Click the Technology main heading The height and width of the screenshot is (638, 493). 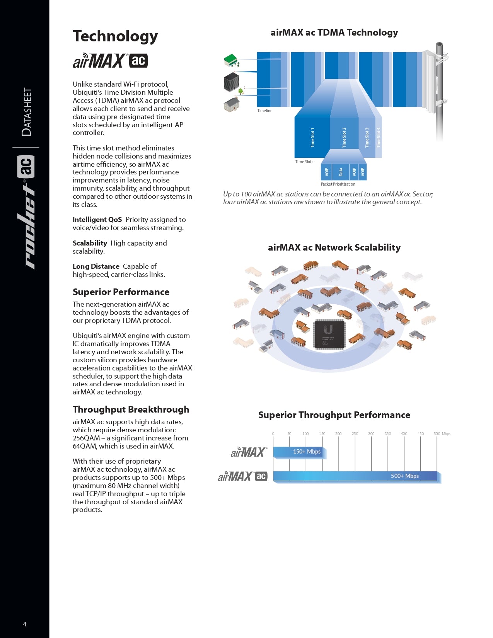[x=115, y=36]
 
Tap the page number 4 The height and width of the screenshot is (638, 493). [x=25, y=624]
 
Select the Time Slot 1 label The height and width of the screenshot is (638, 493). [x=312, y=138]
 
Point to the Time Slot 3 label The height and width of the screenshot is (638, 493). [x=367, y=138]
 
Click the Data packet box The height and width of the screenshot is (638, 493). [x=341, y=172]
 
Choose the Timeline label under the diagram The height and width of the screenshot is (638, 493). [x=265, y=111]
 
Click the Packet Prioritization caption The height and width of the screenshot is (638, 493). [x=338, y=184]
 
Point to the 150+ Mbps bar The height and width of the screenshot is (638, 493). [x=300, y=452]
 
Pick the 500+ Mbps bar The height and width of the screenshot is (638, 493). [x=355, y=476]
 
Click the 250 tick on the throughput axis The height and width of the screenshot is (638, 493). [x=355, y=434]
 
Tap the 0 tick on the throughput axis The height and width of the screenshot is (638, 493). [x=273, y=434]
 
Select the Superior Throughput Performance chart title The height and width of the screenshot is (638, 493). [x=334, y=415]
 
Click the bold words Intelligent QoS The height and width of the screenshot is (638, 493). [x=97, y=220]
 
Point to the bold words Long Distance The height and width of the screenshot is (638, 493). [x=96, y=266]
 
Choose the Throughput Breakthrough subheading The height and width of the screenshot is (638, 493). [x=131, y=409]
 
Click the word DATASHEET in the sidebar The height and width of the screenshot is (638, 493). [x=27, y=112]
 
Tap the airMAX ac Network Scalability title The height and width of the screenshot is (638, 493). [x=334, y=247]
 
